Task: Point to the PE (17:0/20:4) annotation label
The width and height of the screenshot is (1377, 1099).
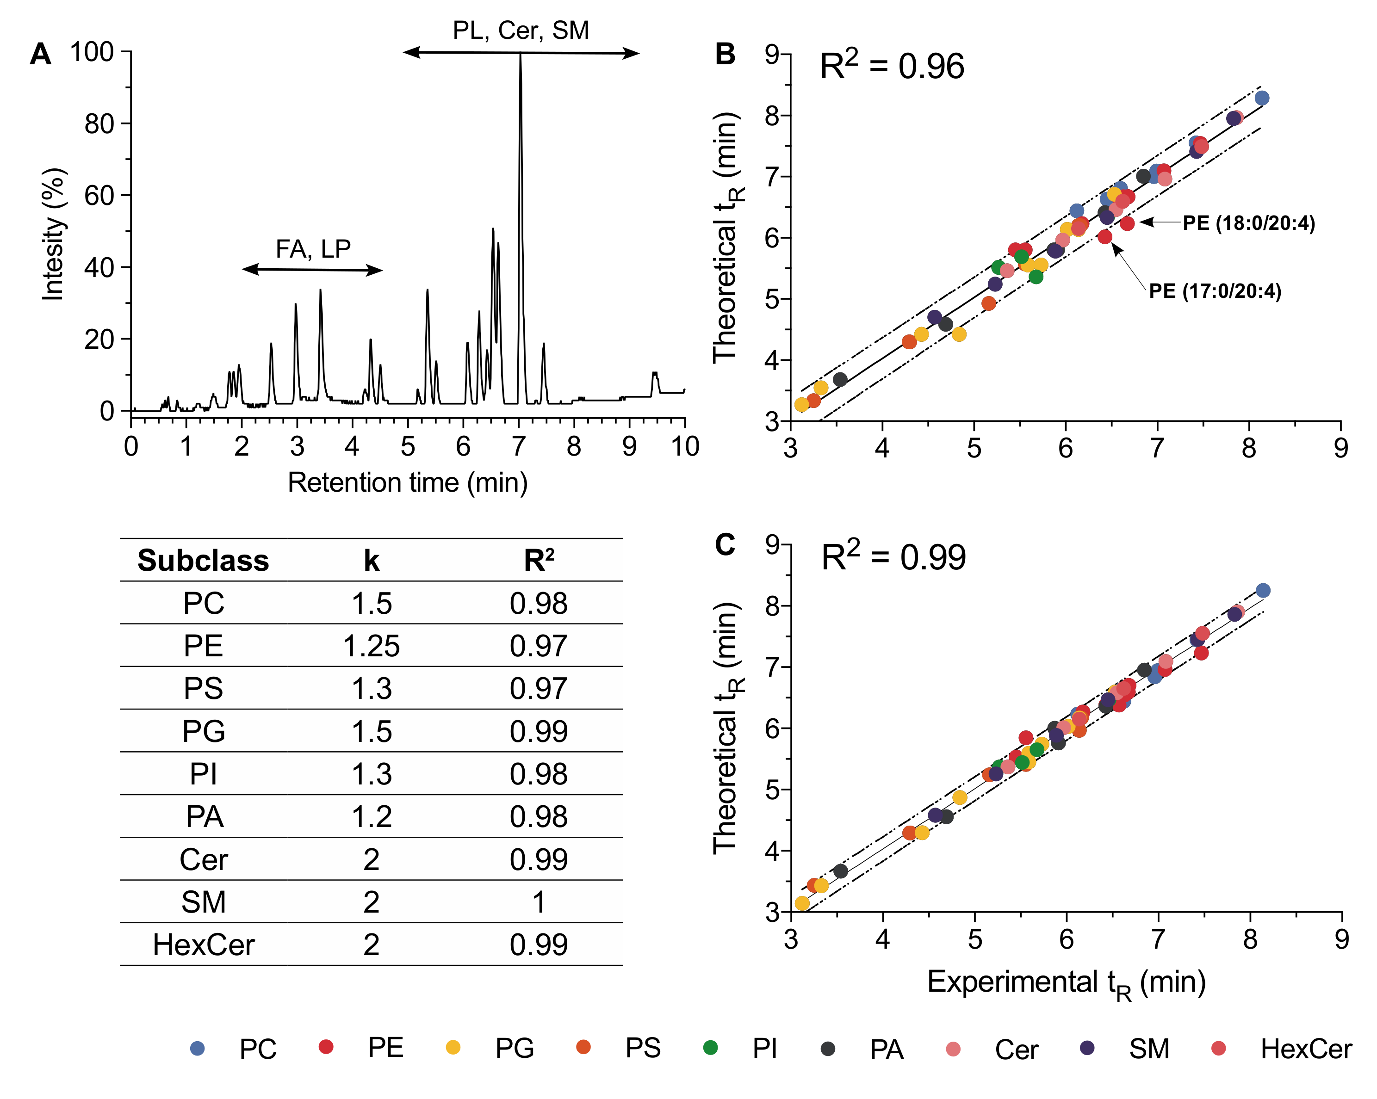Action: tap(1214, 291)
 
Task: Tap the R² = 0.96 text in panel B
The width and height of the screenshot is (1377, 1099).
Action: tap(892, 67)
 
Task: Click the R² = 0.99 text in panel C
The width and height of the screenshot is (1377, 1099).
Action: tap(893, 557)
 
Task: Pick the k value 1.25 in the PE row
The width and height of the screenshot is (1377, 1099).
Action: tap(371, 646)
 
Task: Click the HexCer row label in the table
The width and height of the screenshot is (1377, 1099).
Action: tap(203, 945)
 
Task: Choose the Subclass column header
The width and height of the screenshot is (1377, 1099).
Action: tap(203, 560)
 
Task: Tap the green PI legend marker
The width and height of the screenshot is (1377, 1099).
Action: tap(710, 1047)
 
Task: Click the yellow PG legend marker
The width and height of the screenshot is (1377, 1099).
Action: tap(453, 1047)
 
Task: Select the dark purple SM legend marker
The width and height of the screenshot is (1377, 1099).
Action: tap(1086, 1047)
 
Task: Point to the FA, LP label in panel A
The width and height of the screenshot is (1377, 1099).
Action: tap(313, 248)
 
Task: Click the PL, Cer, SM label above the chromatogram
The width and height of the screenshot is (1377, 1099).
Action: tap(521, 30)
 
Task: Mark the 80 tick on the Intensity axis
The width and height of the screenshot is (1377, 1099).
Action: tap(99, 123)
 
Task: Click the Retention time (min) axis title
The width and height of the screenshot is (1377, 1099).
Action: tap(408, 482)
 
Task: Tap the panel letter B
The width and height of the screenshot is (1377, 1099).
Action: tap(725, 54)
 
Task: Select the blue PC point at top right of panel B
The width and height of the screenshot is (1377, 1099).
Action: tap(1261, 98)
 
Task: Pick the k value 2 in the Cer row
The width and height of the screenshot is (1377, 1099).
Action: tap(371, 859)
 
